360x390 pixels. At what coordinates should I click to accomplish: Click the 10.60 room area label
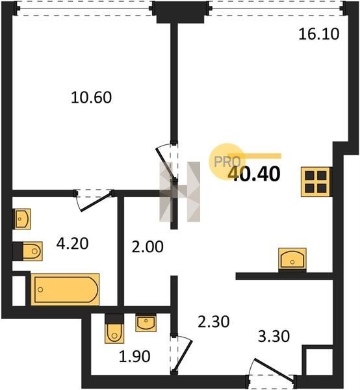coord(91,97)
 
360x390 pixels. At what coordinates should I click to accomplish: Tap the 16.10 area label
coord(318,34)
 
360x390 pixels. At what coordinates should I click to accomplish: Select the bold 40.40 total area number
coord(254,174)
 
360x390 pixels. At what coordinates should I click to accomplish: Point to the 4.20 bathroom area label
coord(72,244)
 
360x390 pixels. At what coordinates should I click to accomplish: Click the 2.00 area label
coord(148,247)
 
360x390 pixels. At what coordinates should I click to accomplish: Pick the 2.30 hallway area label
coord(213,321)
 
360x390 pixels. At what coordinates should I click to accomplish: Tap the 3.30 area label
coord(274,336)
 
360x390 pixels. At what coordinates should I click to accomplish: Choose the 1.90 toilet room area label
coord(135,356)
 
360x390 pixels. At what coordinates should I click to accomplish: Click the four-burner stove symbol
coord(316,182)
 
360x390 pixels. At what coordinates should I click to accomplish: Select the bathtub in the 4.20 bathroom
coord(65,289)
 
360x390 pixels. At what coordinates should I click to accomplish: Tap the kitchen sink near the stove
coord(292,260)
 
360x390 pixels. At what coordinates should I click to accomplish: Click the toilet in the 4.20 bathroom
coord(27,251)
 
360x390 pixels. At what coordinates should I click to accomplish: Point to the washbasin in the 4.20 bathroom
coord(21,219)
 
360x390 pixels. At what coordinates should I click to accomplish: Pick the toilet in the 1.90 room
coord(114,329)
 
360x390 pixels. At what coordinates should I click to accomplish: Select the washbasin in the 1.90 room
coord(146,323)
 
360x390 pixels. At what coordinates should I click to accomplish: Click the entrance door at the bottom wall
coord(272,370)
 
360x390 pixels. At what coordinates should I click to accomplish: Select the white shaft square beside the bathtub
coord(19,291)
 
